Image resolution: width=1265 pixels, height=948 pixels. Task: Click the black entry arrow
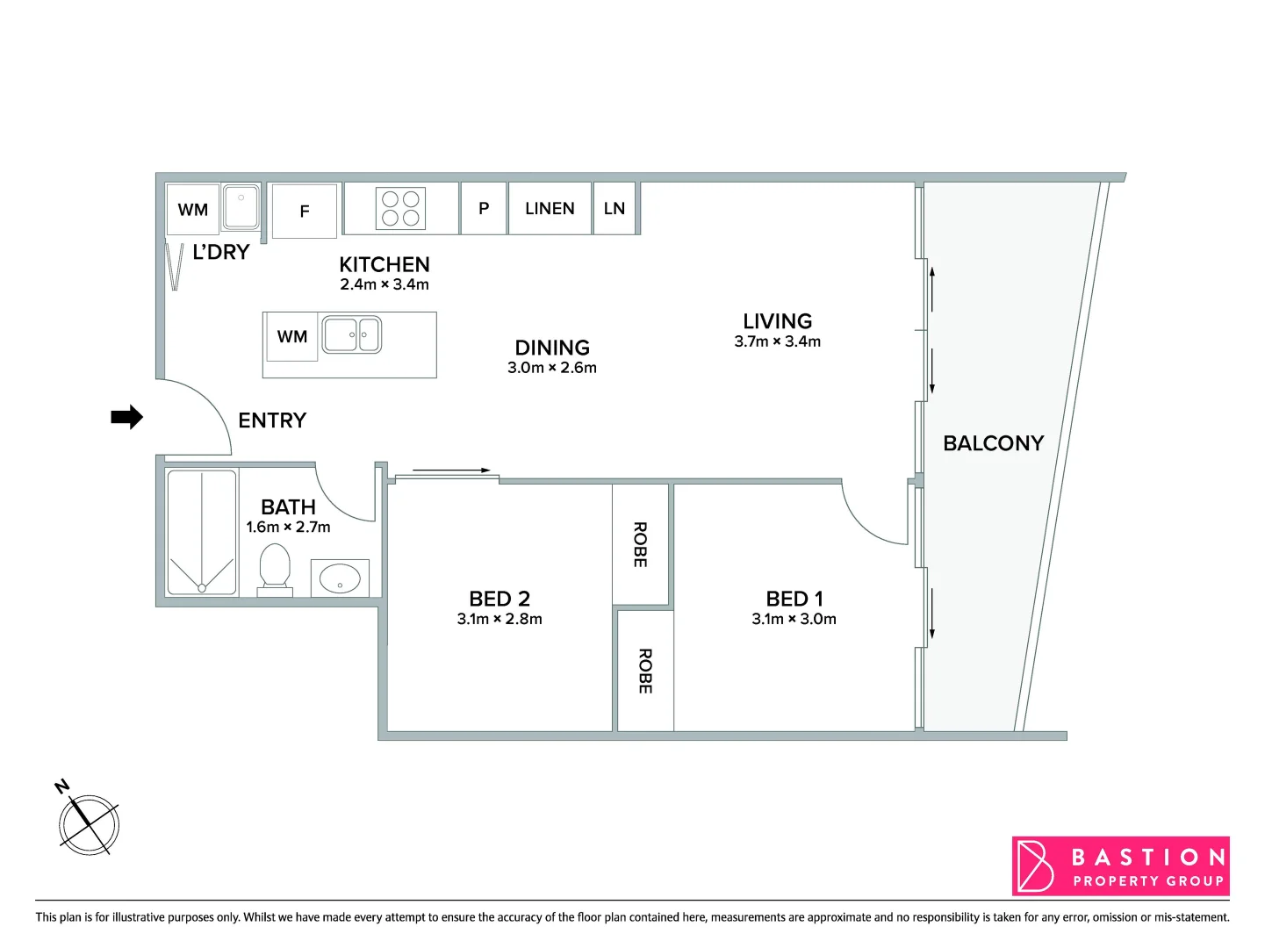pyautogui.click(x=126, y=417)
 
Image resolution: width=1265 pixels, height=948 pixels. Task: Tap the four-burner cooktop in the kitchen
pyautogui.click(x=400, y=209)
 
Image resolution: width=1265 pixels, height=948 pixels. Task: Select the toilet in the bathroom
pyautogui.click(x=275, y=568)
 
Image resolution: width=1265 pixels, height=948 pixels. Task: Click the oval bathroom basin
pyautogui.click(x=340, y=578)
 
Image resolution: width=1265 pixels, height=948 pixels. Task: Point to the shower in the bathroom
pyautogui.click(x=202, y=533)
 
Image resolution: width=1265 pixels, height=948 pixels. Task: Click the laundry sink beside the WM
pyautogui.click(x=241, y=206)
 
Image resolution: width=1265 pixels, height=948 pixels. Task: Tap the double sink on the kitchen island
pyautogui.click(x=352, y=334)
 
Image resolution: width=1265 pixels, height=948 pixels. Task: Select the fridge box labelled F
pyautogui.click(x=305, y=211)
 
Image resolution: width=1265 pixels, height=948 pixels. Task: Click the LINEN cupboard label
pyautogui.click(x=550, y=208)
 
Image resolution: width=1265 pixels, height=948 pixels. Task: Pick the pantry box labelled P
pyautogui.click(x=484, y=208)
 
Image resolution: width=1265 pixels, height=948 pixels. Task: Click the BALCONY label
pyautogui.click(x=993, y=443)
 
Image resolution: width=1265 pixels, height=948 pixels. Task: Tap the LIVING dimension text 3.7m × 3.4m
pyautogui.click(x=777, y=341)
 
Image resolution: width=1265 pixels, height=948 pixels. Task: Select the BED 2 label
pyautogui.click(x=500, y=599)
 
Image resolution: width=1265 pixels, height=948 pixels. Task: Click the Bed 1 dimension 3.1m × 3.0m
pyautogui.click(x=794, y=619)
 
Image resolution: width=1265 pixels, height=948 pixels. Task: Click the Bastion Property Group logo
pyautogui.click(x=1120, y=866)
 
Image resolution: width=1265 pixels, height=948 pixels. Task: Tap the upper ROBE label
pyautogui.click(x=640, y=544)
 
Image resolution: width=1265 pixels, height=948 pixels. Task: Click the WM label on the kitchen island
pyautogui.click(x=292, y=336)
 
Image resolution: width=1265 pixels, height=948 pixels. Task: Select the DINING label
pyautogui.click(x=552, y=348)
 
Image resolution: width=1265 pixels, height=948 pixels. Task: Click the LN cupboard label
pyautogui.click(x=615, y=208)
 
